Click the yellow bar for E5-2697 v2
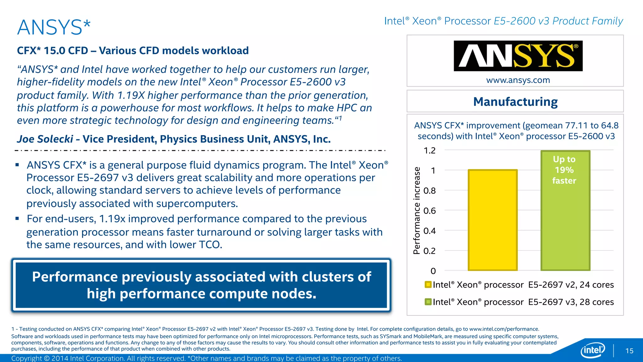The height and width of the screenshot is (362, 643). pyautogui.click(x=492, y=220)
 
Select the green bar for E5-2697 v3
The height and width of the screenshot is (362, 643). pyautogui.click(x=565, y=226)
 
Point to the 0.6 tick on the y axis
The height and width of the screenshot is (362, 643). pyautogui.click(x=430, y=211)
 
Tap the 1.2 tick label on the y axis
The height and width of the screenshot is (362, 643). pyautogui.click(x=430, y=151)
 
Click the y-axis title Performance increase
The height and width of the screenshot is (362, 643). pyautogui.click(x=417, y=210)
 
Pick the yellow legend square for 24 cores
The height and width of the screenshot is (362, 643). pyautogui.click(x=428, y=285)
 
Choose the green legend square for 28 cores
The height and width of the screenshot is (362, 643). pyautogui.click(x=428, y=302)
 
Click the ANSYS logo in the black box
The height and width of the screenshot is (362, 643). pyautogui.click(x=518, y=56)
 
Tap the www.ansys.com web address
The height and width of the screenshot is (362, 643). pyautogui.click(x=518, y=80)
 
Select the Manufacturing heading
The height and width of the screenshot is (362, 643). pyautogui.click(x=515, y=102)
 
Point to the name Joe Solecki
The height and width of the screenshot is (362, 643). pyautogui.click(x=45, y=139)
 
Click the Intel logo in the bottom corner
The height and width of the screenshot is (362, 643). pyautogui.click(x=592, y=350)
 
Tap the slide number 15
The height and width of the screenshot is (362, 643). pyautogui.click(x=629, y=351)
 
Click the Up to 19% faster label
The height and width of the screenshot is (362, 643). pyautogui.click(x=564, y=170)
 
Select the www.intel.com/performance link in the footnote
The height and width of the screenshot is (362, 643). pyautogui.click(x=504, y=329)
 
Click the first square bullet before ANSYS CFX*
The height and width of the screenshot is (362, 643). pyautogui.click(x=17, y=165)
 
